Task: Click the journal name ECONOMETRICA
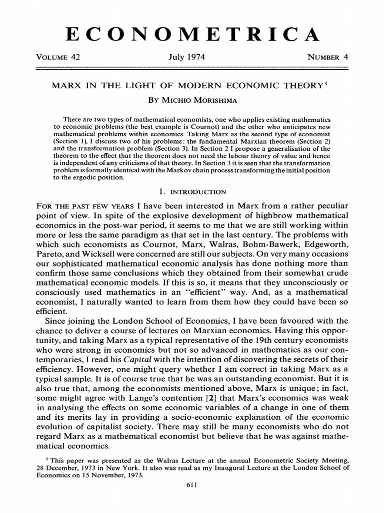click(x=192, y=34)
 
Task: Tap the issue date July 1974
click(x=190, y=57)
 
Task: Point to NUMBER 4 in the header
click(x=327, y=57)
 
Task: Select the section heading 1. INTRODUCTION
click(x=191, y=192)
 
